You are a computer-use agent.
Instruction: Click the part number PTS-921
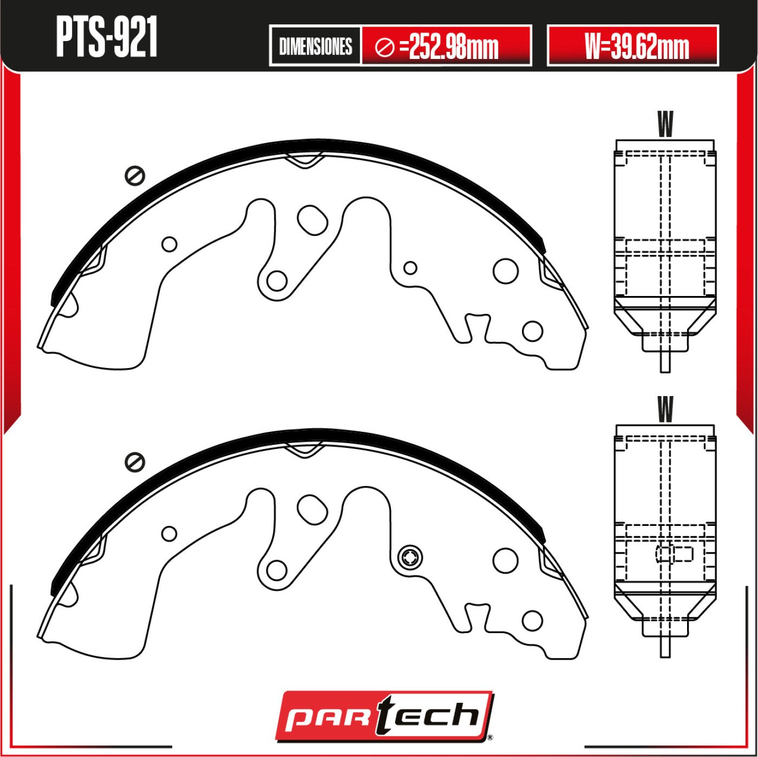107,37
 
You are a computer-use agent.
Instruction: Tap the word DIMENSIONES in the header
315,47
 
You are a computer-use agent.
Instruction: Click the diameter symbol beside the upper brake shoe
134,176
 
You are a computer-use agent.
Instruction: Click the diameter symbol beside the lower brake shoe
134,462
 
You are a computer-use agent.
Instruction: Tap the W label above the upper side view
665,124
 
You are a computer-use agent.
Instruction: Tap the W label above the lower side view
665,410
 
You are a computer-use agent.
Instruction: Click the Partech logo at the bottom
384,716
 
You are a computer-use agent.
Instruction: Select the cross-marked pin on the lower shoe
410,558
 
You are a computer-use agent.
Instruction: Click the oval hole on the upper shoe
313,220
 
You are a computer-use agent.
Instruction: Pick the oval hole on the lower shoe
313,509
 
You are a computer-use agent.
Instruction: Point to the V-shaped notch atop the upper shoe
304,160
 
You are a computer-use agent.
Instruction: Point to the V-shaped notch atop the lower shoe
304,449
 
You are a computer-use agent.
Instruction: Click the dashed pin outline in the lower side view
675,554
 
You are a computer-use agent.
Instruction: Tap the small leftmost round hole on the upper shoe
169,244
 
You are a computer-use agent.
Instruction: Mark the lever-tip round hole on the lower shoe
277,570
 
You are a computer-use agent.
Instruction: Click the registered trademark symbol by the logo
490,737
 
